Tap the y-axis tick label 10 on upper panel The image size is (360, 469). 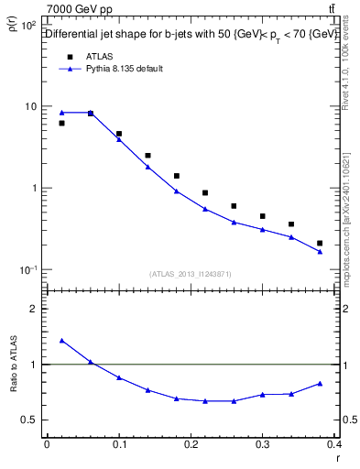(x=31, y=107)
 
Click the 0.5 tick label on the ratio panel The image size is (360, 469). (x=30, y=420)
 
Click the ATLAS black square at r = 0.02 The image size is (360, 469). (x=61, y=123)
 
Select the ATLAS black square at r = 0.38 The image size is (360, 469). (x=320, y=243)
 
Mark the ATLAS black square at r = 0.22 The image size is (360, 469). (x=205, y=192)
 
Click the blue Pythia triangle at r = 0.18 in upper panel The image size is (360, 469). (x=176, y=191)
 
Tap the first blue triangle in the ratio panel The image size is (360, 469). (x=61, y=340)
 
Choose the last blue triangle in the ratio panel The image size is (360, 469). (x=320, y=383)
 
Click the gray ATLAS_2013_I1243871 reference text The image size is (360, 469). (x=190, y=274)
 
